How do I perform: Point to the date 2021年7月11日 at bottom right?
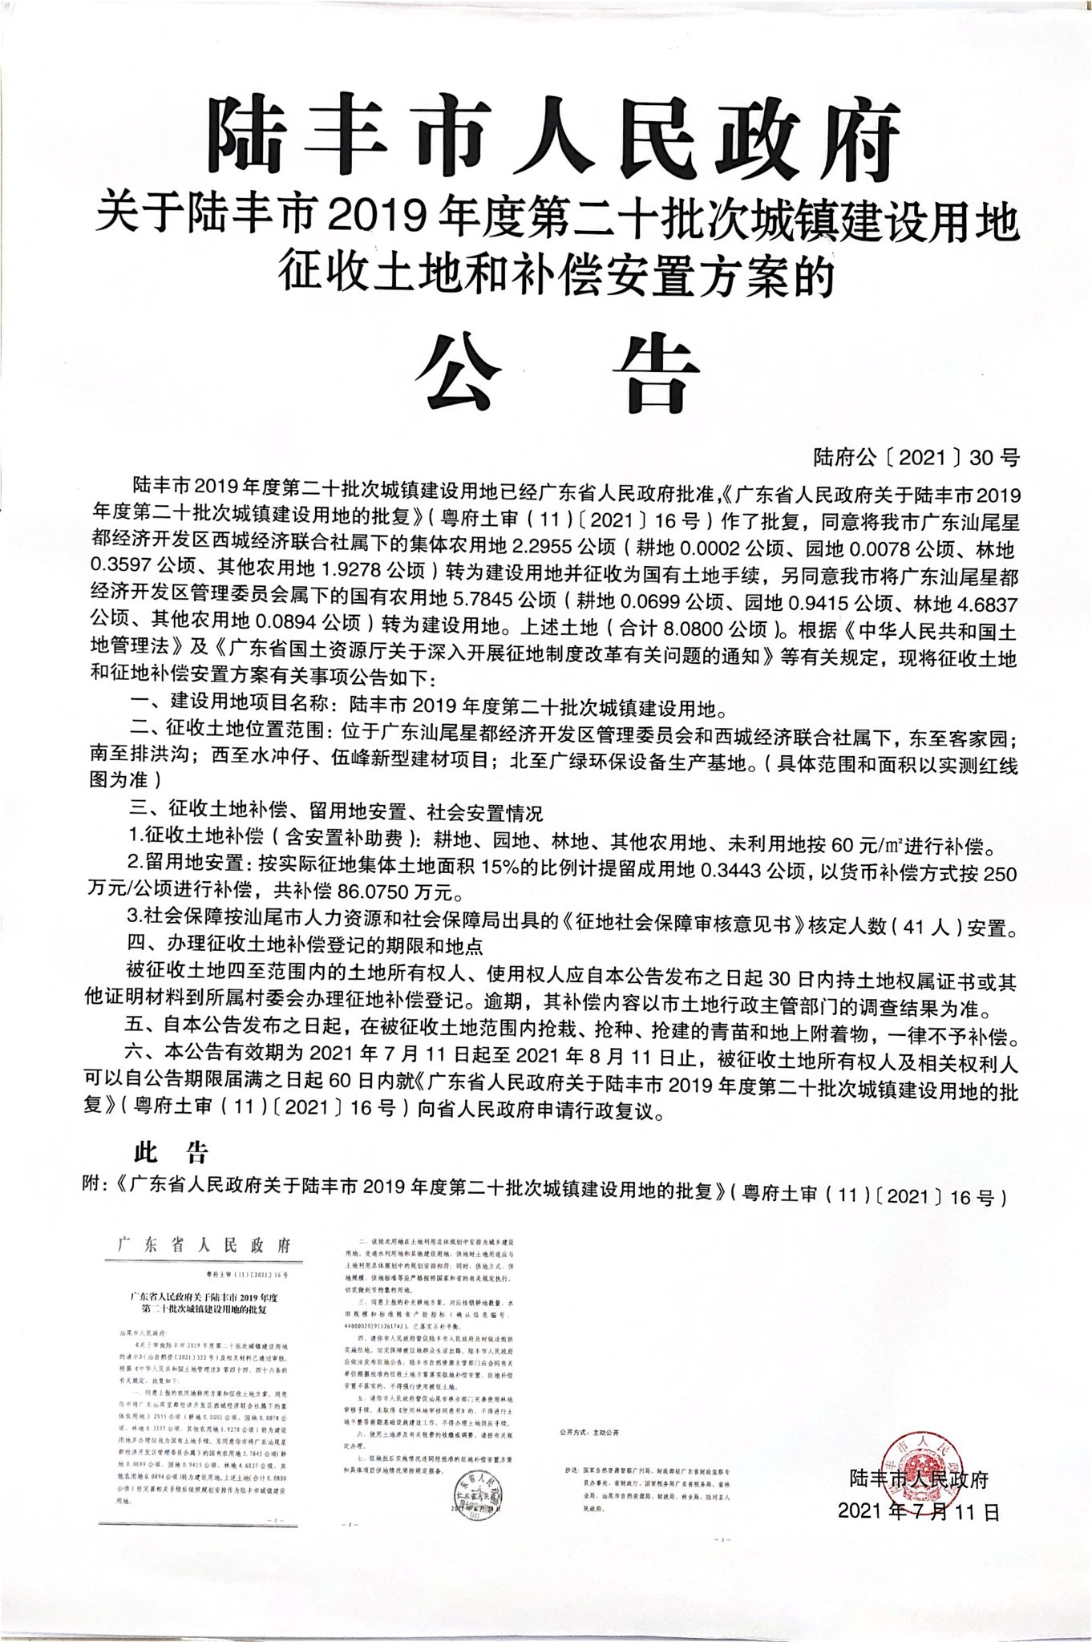919,1512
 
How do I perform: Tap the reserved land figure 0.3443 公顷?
734,871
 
